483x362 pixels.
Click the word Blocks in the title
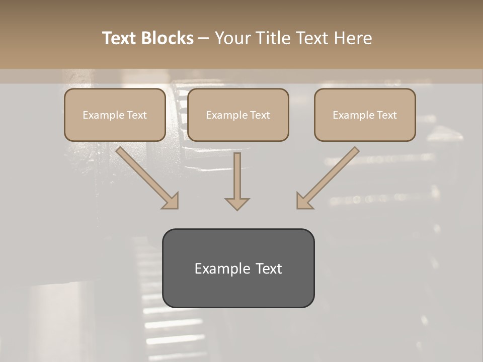coord(167,38)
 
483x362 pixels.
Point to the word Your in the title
coord(232,38)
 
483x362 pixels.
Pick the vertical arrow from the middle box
coord(237,176)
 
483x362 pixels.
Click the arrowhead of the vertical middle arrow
coord(237,203)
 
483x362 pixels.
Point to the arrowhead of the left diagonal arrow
coord(171,201)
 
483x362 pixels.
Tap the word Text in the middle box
coord(260,115)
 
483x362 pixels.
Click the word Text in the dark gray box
coord(269,268)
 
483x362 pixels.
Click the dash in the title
coord(204,38)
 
